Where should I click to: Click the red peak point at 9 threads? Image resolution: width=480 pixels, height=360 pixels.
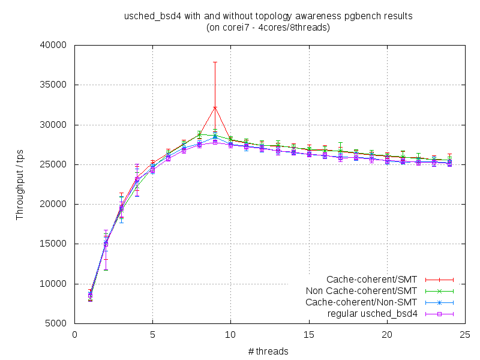click(x=215, y=107)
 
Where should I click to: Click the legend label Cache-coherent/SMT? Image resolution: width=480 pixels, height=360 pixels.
click(x=373, y=280)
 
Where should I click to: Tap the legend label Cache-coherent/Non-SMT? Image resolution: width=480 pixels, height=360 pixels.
click(x=361, y=302)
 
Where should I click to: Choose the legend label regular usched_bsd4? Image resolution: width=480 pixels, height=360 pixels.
click(x=372, y=313)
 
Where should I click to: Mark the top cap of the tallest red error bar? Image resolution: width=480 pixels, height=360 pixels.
click(x=215, y=62)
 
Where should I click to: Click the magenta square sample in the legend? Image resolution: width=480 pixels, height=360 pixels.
click(x=439, y=313)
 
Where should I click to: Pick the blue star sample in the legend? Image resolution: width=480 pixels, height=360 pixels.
click(x=439, y=302)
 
